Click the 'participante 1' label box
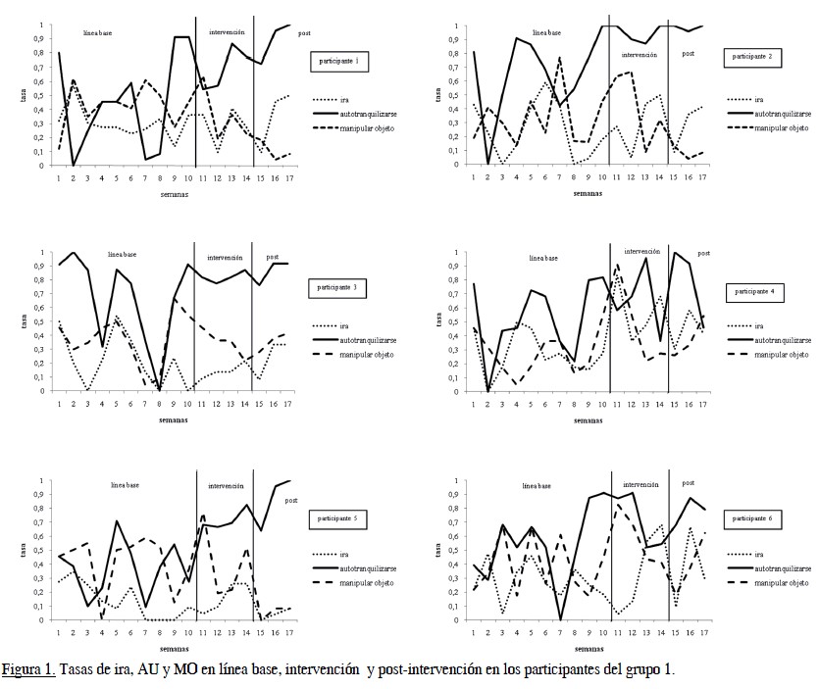point(340,61)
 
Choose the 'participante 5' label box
point(341,516)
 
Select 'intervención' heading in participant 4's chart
point(641,251)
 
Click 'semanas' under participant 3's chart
point(174,420)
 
